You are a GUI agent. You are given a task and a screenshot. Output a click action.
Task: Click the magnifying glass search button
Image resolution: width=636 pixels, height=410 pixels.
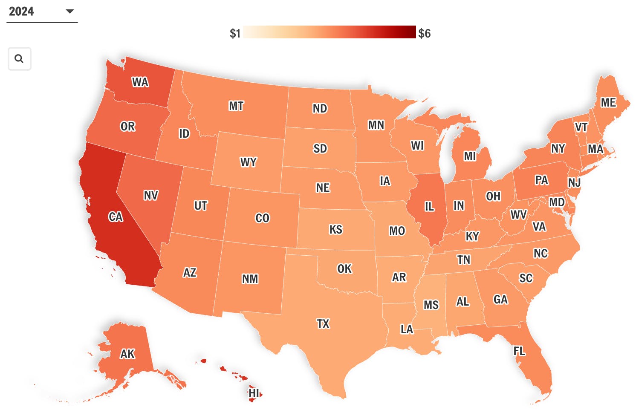click(x=19, y=59)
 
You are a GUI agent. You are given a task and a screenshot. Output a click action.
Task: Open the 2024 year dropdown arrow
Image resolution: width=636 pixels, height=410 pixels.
click(x=70, y=12)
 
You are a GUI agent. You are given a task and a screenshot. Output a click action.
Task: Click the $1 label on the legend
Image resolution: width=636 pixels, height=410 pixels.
click(x=235, y=33)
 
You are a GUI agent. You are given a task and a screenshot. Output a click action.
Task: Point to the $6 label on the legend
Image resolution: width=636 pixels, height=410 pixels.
click(x=424, y=33)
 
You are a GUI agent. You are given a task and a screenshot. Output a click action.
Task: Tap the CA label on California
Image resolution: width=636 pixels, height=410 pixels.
click(x=116, y=217)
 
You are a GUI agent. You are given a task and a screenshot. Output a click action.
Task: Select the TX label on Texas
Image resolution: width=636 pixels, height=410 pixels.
click(x=323, y=324)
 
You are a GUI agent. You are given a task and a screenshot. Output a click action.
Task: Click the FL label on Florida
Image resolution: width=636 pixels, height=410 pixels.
click(x=519, y=351)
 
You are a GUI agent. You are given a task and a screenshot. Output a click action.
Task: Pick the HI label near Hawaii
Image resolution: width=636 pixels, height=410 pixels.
click(x=254, y=393)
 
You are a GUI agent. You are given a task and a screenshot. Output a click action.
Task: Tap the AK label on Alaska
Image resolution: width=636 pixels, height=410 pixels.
click(x=127, y=354)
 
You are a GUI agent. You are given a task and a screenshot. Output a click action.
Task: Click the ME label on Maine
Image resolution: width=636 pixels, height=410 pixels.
click(x=608, y=103)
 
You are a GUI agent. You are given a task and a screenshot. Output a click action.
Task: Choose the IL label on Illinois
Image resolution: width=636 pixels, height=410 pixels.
click(x=429, y=207)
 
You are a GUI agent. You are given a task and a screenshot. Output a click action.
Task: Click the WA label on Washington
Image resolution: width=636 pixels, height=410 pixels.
click(x=140, y=82)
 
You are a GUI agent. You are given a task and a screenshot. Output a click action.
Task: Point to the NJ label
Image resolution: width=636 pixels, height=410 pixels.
click(x=574, y=182)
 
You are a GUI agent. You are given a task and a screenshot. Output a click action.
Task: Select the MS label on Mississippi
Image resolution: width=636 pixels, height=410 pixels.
click(x=431, y=305)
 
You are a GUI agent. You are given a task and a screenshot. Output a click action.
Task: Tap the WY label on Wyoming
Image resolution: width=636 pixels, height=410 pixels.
click(x=249, y=162)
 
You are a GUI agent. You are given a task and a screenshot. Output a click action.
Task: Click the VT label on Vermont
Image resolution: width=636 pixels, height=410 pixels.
click(x=581, y=127)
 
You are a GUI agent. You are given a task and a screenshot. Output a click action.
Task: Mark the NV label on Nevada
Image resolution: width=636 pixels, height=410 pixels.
click(x=151, y=196)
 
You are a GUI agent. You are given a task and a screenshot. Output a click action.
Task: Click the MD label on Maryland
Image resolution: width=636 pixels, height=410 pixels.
click(x=557, y=202)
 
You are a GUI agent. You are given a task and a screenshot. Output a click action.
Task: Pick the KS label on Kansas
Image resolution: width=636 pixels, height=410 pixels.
click(x=336, y=230)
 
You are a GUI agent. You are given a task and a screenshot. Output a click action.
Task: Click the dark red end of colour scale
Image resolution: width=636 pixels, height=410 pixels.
click(x=411, y=32)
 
